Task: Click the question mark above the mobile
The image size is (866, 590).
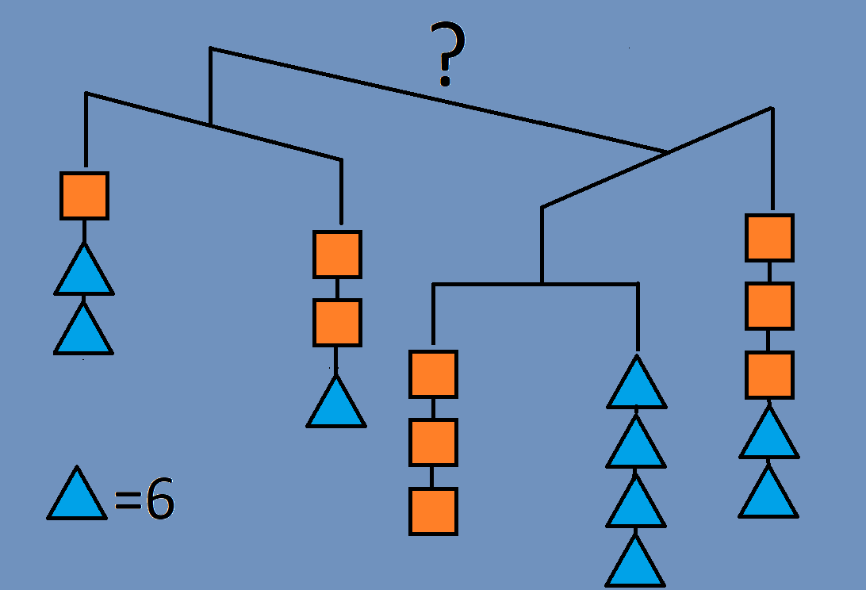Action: pos(446,54)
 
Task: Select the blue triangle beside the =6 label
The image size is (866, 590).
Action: pos(77,496)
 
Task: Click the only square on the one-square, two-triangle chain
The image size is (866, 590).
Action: pos(84,196)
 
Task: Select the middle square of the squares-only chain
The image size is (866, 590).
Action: pos(433,442)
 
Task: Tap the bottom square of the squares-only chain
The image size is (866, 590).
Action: pos(433,511)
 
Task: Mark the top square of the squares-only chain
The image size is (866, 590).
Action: pos(433,374)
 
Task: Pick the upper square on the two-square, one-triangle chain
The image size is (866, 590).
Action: pos(337,255)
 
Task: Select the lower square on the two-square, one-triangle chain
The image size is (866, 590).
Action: pos(337,323)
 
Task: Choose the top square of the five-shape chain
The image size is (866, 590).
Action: pos(769,238)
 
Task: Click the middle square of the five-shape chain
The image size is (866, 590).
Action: pos(769,306)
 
